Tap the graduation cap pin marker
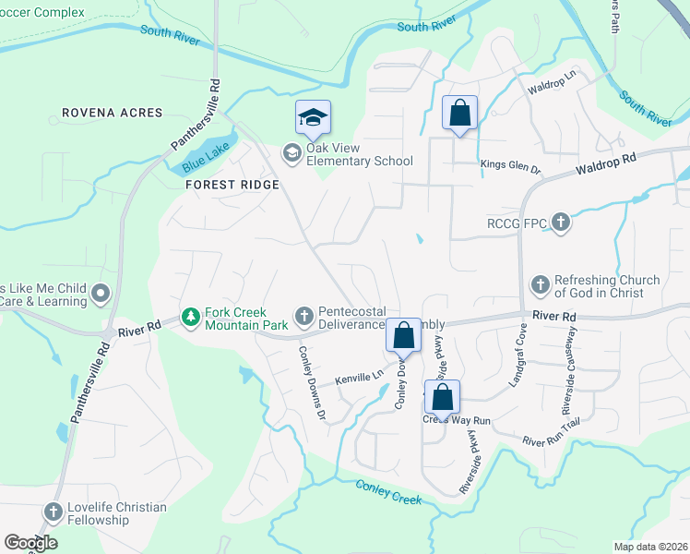coord(313,117)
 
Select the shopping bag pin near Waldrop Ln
coord(459,114)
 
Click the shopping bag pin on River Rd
coord(403,336)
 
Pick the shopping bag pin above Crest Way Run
coord(442,398)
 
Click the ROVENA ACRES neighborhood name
coord(112,113)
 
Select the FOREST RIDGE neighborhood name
coord(232,184)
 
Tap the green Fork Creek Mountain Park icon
coord(190,318)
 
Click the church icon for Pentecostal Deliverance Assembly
coord(303,318)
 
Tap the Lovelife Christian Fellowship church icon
coord(54,512)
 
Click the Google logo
coord(30,543)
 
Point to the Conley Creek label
coord(388,493)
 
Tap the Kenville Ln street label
coord(358,378)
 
